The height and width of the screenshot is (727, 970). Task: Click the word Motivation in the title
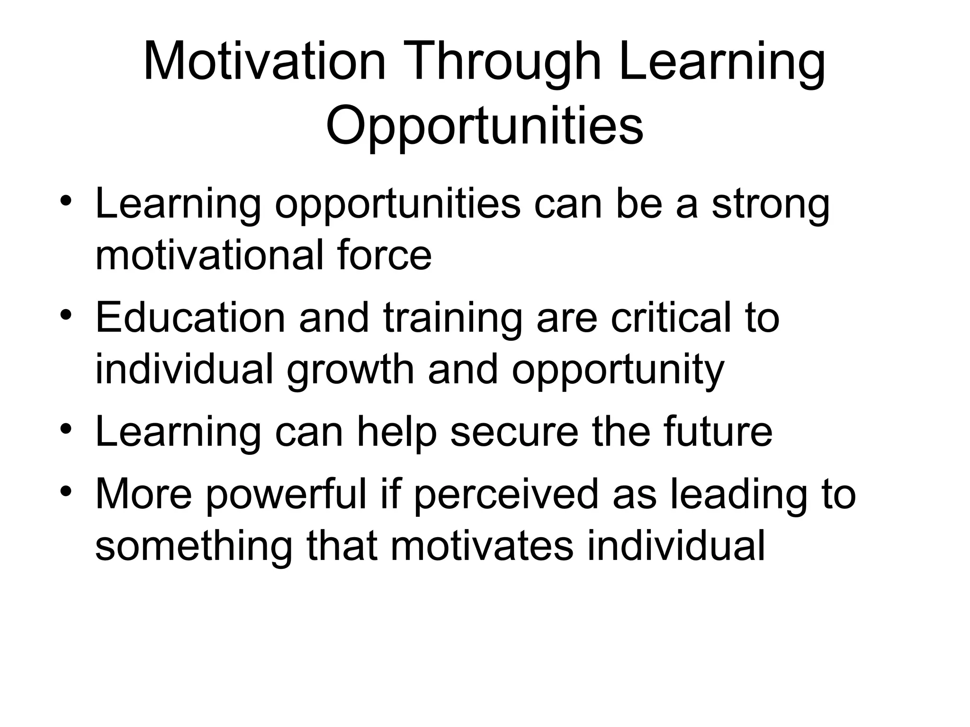(264, 62)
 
